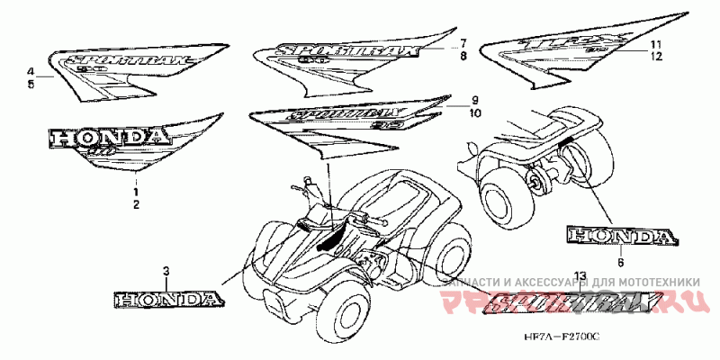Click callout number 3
166,271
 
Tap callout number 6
620,263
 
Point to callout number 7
463,43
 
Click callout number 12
658,56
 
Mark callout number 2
136,205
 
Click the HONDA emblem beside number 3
166,298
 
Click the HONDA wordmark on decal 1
108,138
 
